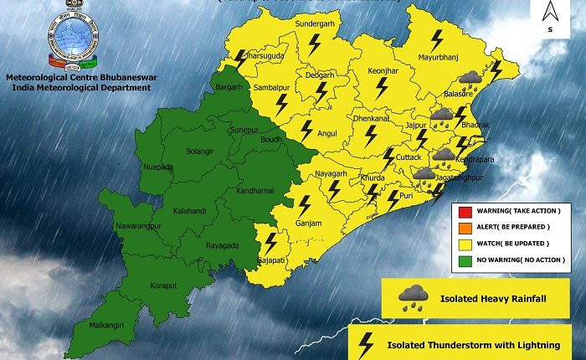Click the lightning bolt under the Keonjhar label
pos(382,85)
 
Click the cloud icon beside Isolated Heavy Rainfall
pos(413,296)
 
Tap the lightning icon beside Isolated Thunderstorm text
pos(366,343)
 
